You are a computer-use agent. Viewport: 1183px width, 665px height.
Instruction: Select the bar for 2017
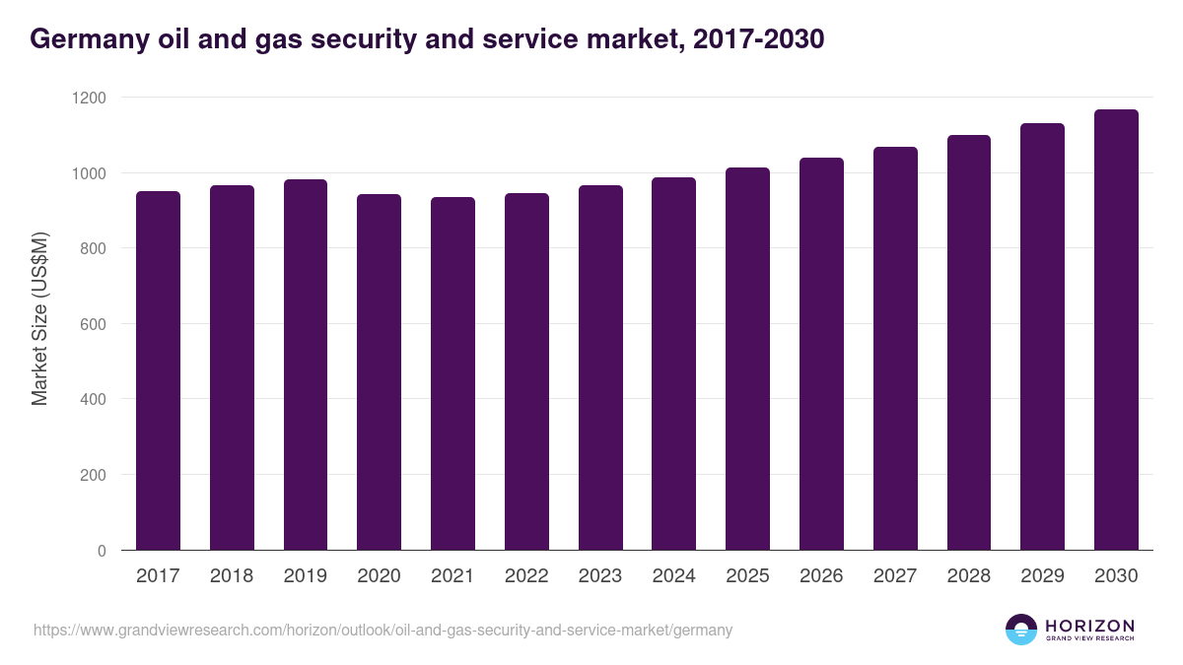(x=158, y=370)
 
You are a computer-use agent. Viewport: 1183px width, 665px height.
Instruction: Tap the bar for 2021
(x=452, y=373)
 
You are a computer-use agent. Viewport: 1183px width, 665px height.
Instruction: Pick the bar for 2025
(x=747, y=359)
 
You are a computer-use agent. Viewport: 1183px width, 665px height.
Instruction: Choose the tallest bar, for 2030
(x=1116, y=330)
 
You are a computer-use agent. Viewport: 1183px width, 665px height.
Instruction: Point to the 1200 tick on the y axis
(x=88, y=98)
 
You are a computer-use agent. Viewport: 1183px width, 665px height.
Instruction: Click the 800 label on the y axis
(x=92, y=248)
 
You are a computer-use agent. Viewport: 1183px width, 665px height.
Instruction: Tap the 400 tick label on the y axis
(x=92, y=399)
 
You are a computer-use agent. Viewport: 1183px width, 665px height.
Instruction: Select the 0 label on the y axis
(x=102, y=551)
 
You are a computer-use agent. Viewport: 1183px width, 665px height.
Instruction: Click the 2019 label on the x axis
(x=305, y=576)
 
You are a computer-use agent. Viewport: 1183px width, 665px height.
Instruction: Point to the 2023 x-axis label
(x=599, y=576)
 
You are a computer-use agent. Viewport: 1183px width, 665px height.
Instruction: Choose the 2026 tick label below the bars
(x=821, y=576)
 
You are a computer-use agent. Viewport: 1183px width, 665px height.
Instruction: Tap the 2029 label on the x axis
(x=1042, y=576)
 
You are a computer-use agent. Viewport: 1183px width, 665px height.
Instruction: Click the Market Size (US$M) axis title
(x=39, y=319)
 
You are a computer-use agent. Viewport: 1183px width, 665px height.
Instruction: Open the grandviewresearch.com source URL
(x=383, y=630)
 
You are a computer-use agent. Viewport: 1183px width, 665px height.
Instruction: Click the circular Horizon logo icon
(x=1021, y=630)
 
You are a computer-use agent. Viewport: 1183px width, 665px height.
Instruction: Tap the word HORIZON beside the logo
(x=1089, y=625)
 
